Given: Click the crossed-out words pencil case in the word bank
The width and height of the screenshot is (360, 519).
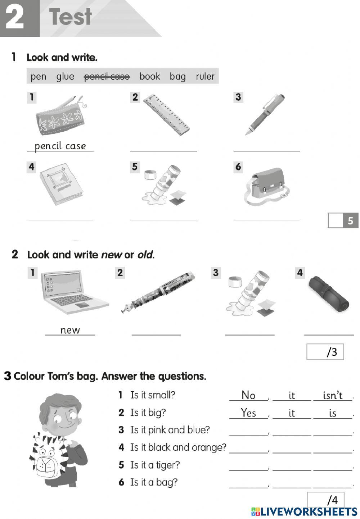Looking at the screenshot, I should tap(107, 77).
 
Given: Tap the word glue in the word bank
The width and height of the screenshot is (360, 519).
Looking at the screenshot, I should tap(65, 77).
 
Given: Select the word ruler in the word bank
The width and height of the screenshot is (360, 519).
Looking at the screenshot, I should tap(205, 77).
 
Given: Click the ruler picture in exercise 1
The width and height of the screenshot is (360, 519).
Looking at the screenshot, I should tap(166, 115).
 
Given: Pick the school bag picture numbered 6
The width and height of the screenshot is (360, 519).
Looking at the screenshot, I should tap(268, 186).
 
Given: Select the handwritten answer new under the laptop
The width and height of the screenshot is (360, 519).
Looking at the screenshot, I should tap(70, 330).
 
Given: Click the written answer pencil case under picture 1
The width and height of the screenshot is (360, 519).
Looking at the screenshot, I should tap(60, 146).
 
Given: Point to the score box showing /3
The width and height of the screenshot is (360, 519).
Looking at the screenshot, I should tap(325, 352).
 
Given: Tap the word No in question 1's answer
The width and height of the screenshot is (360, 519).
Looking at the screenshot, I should tap(248, 395).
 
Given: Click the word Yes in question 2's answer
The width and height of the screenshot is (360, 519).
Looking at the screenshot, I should tap(248, 413).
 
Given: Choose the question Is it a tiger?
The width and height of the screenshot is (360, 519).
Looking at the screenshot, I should tap(155, 465).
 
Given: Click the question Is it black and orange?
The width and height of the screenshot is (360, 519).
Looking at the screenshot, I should tap(178, 447).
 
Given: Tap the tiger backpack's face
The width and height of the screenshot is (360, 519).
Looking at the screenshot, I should tap(47, 457).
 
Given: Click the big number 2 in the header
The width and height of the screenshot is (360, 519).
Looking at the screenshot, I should tap(15, 18).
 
